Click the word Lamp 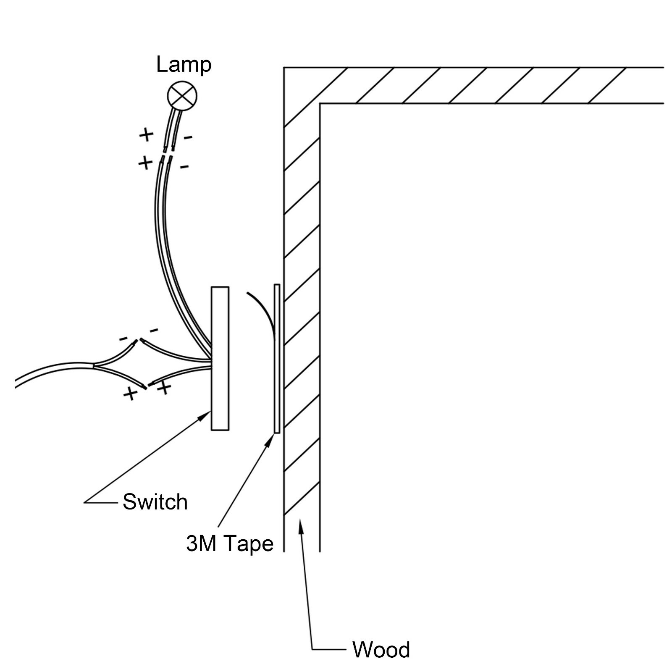[x=184, y=65]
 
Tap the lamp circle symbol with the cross [x=182, y=96]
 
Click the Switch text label [x=155, y=502]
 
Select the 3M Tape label [x=230, y=543]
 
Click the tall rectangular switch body [x=220, y=359]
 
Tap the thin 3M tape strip [x=277, y=359]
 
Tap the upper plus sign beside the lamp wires [x=147, y=135]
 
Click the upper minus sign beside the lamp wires [x=188, y=137]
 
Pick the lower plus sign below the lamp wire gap [x=145, y=163]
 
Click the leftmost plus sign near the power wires [x=131, y=394]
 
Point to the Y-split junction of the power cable [x=93, y=365]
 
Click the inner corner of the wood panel [x=320, y=103]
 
